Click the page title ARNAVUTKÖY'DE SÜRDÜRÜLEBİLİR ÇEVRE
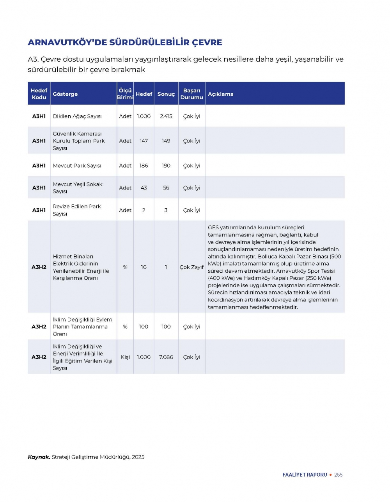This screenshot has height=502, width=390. coord(125,43)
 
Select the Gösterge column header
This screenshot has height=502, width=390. coord(65,94)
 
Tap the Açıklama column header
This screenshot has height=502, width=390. coord(220,94)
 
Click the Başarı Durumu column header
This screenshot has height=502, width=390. coord(191,94)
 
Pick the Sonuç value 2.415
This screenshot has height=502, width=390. coord(166,116)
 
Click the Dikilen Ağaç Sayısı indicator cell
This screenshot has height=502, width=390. coord(77,116)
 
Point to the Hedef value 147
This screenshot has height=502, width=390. coord(144,141)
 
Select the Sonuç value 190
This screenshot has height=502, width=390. coord(166,166)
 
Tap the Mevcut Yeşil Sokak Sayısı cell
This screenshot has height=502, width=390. coord(78,188)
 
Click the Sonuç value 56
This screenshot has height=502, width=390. coord(166,188)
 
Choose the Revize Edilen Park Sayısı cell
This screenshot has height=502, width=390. coord(77,210)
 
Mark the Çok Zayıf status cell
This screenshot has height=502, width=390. coord(191,267)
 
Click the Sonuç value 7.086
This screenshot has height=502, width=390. coord(166,357)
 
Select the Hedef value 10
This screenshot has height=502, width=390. coord(144,267)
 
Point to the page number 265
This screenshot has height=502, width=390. coord(338,475)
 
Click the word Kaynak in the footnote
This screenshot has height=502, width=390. coord(39,457)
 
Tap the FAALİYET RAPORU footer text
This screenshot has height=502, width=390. coord(305,475)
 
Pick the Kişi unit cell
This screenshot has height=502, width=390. coord(125,357)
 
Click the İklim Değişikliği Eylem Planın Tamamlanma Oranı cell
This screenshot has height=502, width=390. coord(82,327)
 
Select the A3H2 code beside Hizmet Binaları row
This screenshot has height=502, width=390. coord(39,267)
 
